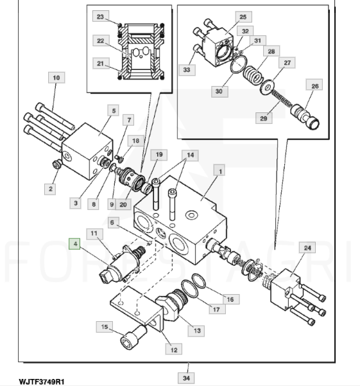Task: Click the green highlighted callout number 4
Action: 74,244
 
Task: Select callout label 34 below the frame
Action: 186,378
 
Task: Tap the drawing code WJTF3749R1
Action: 42,382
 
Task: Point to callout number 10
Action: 56,78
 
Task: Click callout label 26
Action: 314,86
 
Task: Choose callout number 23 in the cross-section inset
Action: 101,17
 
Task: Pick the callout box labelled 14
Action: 190,155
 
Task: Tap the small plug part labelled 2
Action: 57,164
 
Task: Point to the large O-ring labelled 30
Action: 238,64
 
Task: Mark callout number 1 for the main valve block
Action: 220,171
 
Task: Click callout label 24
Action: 307,248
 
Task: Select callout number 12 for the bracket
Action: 174,349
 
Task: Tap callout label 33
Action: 187,70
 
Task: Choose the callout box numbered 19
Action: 159,155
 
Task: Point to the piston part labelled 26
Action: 305,116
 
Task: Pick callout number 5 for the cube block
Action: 114,110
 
